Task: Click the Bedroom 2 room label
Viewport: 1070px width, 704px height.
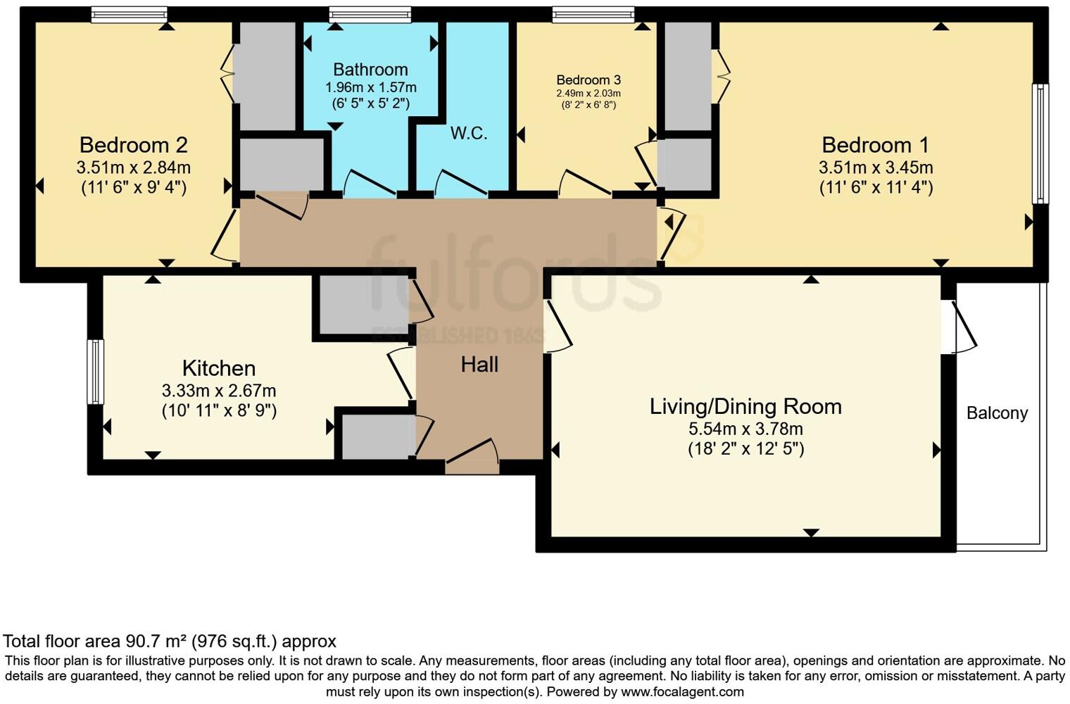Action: pyautogui.click(x=133, y=145)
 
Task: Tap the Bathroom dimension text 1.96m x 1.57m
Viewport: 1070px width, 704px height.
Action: pyautogui.click(x=370, y=87)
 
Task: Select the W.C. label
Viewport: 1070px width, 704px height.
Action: pyautogui.click(x=469, y=133)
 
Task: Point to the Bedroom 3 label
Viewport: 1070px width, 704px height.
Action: pyautogui.click(x=588, y=80)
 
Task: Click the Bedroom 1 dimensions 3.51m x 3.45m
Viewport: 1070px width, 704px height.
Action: pyautogui.click(x=875, y=168)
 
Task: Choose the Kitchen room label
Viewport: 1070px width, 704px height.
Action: pyautogui.click(x=218, y=368)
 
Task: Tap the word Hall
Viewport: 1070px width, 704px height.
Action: pyautogui.click(x=479, y=364)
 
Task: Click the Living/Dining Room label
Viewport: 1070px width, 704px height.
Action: pyautogui.click(x=745, y=406)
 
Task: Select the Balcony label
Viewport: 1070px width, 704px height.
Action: pyautogui.click(x=997, y=413)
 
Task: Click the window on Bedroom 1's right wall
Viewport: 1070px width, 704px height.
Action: pyautogui.click(x=1040, y=144)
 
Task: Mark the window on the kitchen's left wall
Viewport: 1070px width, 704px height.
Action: pyautogui.click(x=95, y=372)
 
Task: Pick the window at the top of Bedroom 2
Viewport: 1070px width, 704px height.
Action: pyautogui.click(x=130, y=14)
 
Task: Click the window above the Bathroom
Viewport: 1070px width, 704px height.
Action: pyautogui.click(x=370, y=14)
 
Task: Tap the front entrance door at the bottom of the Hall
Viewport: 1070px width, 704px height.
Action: pyautogui.click(x=472, y=458)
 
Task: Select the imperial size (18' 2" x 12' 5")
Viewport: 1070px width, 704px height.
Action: pyautogui.click(x=745, y=449)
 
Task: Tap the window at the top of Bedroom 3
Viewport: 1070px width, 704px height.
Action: pyautogui.click(x=593, y=14)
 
